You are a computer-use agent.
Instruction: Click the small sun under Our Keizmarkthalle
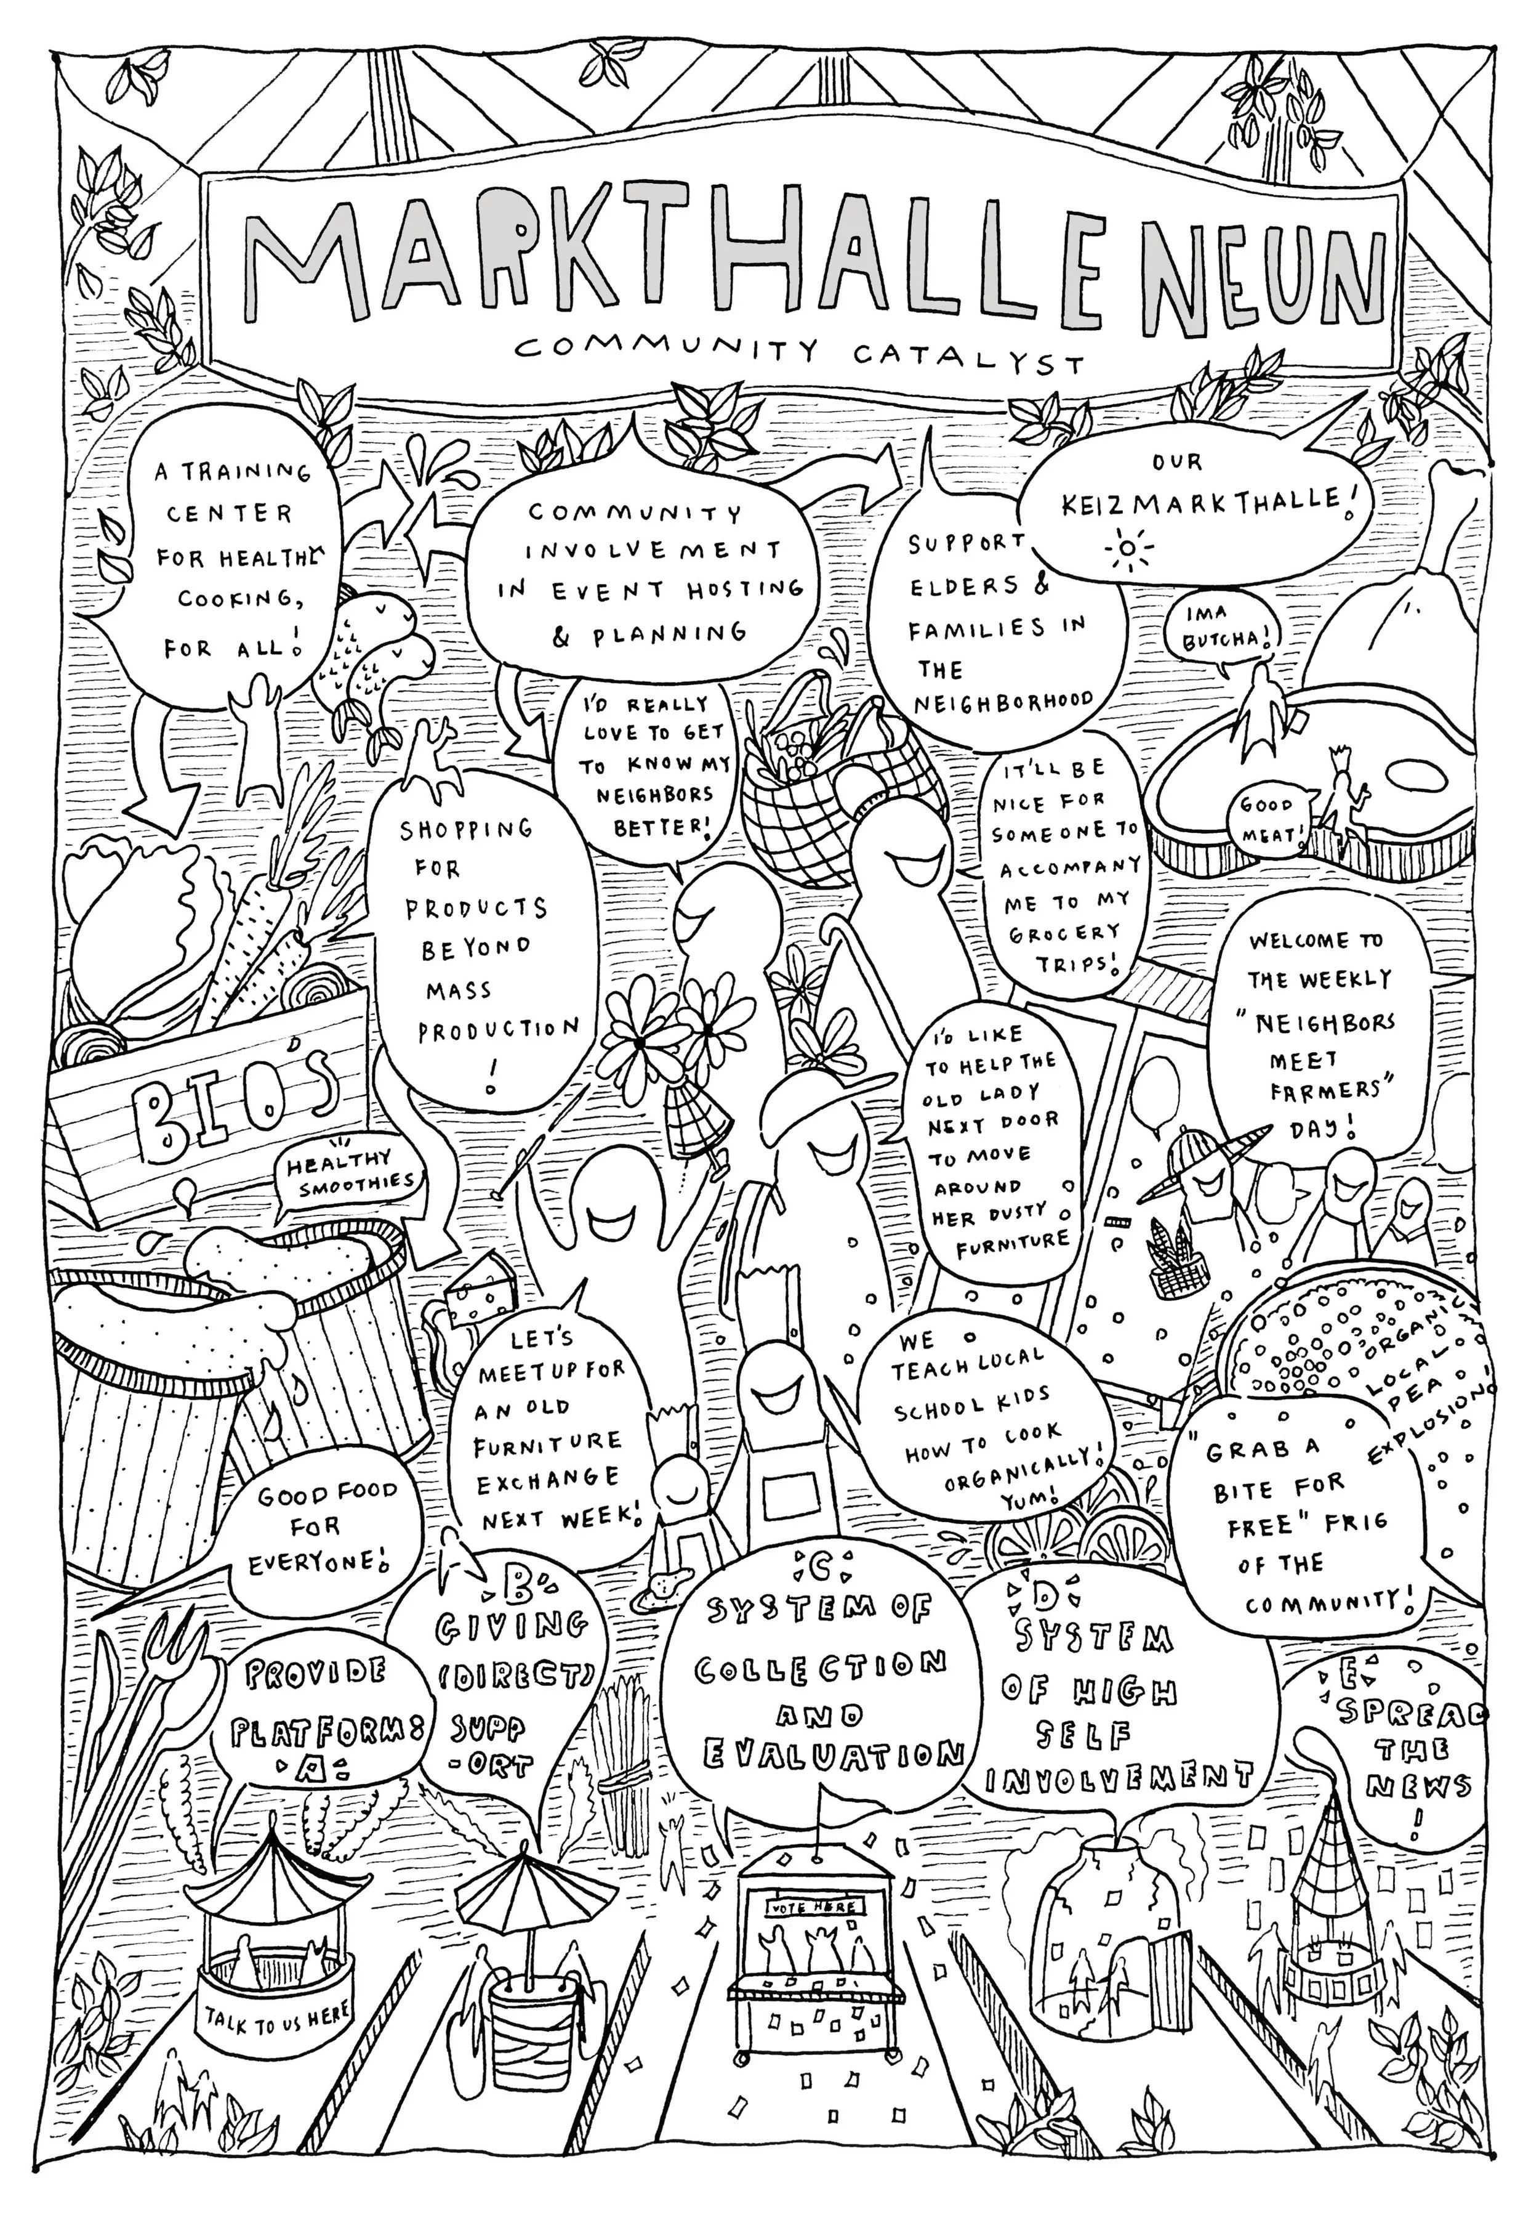point(1124,552)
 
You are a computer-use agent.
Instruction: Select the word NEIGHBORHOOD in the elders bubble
point(1003,702)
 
